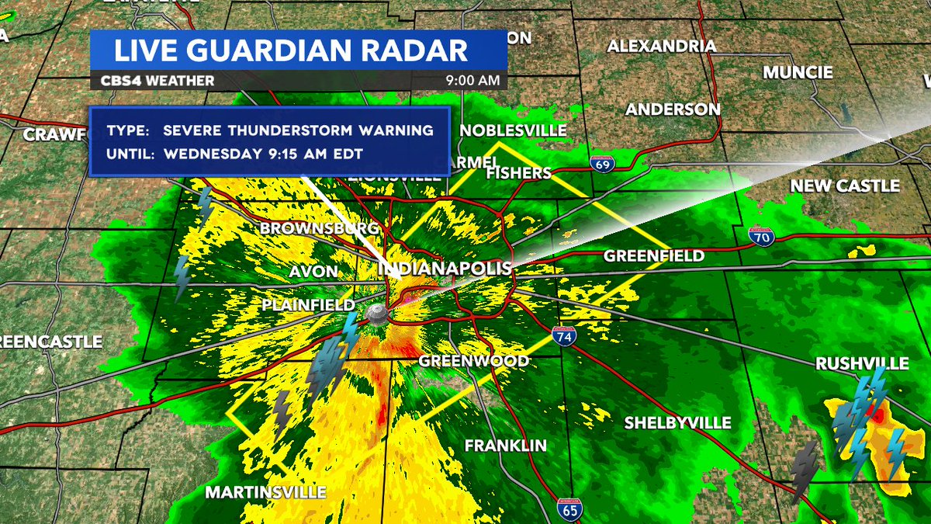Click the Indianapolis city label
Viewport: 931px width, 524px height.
[x=445, y=269]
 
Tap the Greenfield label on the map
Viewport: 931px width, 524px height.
[x=654, y=255]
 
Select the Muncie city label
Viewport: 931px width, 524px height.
[x=798, y=72]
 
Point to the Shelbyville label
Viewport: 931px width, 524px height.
[x=678, y=423]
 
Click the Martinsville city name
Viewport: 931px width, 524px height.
[x=265, y=492]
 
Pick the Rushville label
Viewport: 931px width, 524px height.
[x=862, y=363]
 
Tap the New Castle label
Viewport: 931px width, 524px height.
[x=845, y=186]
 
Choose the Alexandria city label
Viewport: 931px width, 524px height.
[x=661, y=46]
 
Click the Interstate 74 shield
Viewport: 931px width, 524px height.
[x=564, y=337]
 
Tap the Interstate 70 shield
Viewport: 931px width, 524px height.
[x=760, y=237]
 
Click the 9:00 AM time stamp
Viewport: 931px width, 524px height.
[x=472, y=81]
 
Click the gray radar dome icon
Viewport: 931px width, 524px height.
[x=377, y=314]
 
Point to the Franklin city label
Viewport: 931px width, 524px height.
[x=505, y=446]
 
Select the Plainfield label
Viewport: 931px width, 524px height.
[x=308, y=305]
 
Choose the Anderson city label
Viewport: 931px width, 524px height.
[x=673, y=109]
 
